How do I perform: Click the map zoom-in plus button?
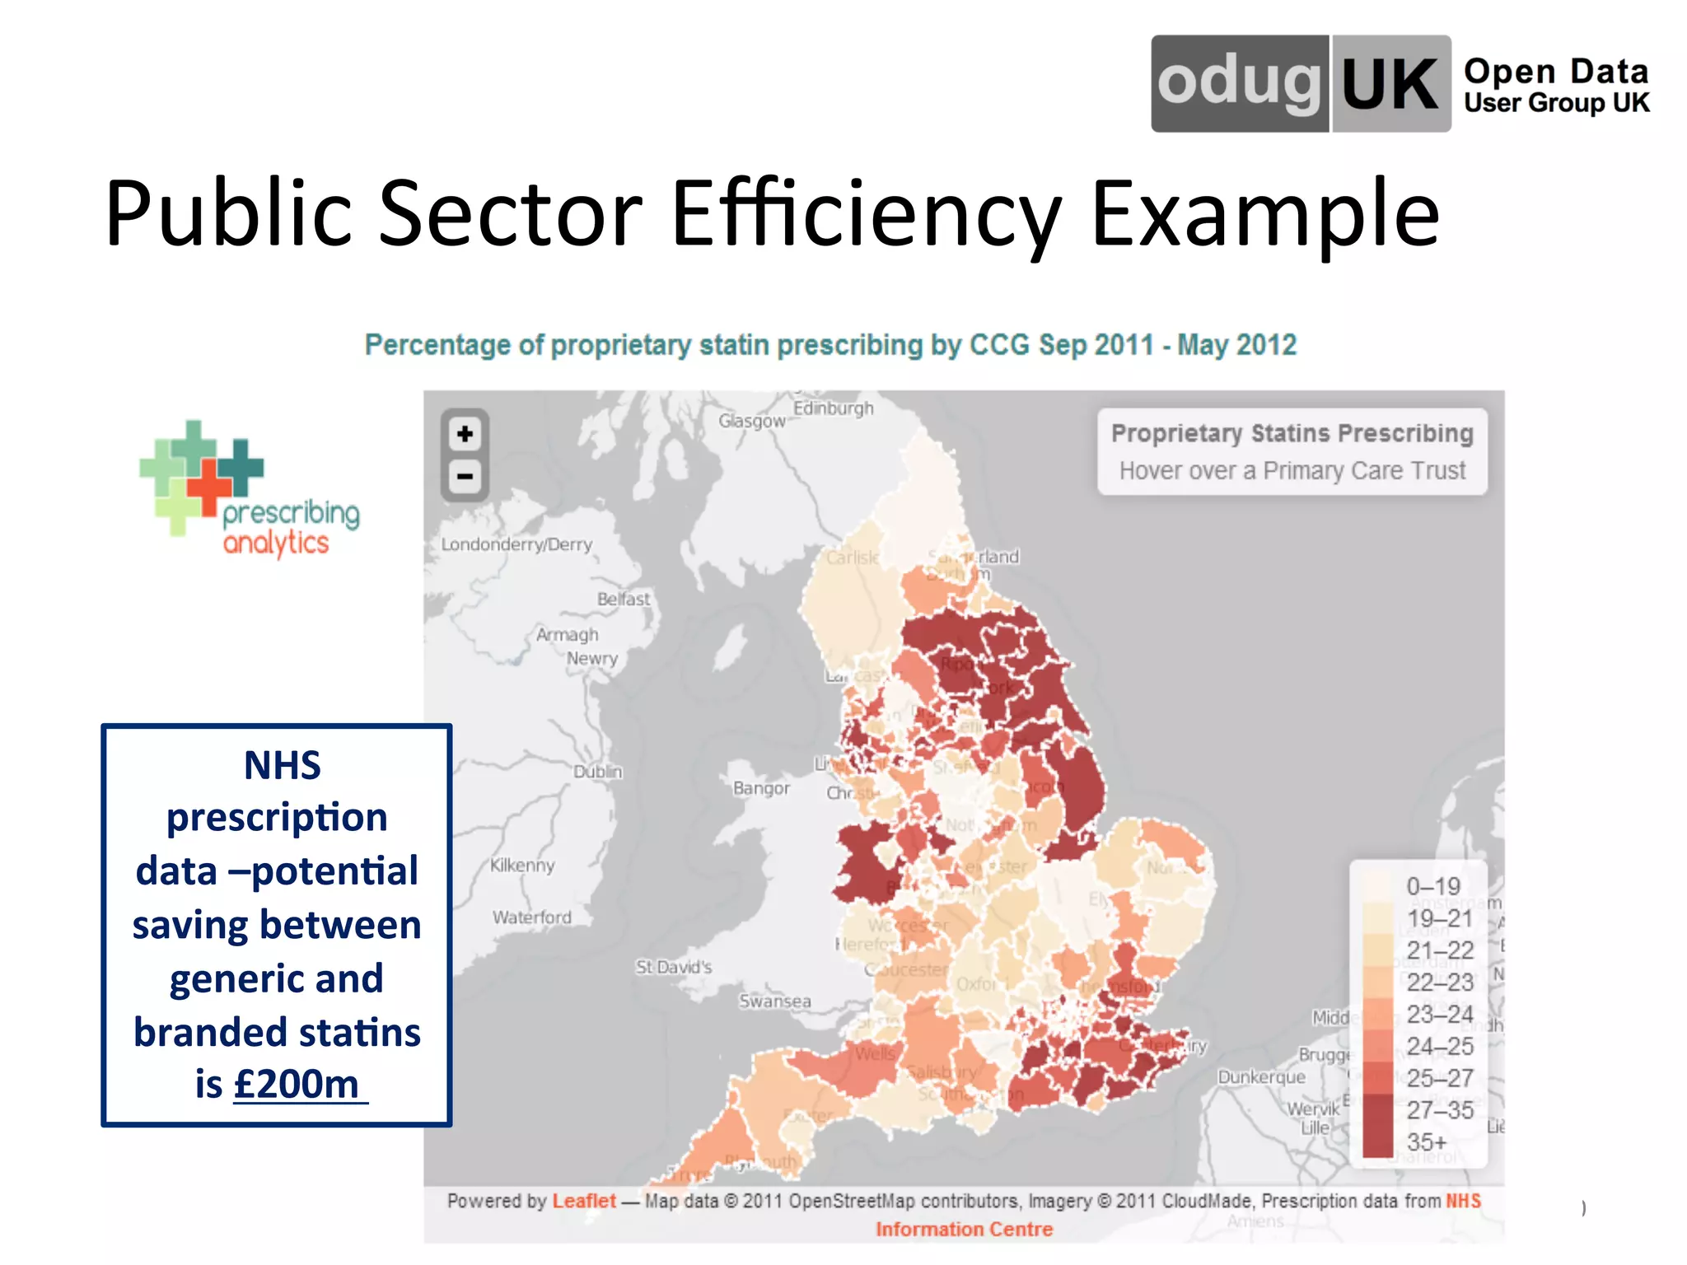pos(465,434)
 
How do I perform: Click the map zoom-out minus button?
pos(465,477)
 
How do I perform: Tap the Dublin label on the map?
pos(598,772)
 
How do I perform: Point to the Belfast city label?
pos(624,599)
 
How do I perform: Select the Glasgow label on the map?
pos(751,421)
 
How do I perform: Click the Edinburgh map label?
pos(833,408)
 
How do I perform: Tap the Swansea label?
pos(774,1001)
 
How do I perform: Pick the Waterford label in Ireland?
pos(531,917)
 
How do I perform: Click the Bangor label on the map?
pos(761,788)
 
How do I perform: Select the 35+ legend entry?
pos(1426,1142)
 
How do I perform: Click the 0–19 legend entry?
pos(1432,886)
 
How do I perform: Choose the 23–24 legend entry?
pos(1439,1014)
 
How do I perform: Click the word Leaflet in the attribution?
pos(583,1201)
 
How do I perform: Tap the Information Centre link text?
pos(964,1230)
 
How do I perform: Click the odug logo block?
pos(1240,83)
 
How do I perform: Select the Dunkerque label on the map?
pos(1261,1077)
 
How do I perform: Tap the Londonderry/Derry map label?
pos(516,544)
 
